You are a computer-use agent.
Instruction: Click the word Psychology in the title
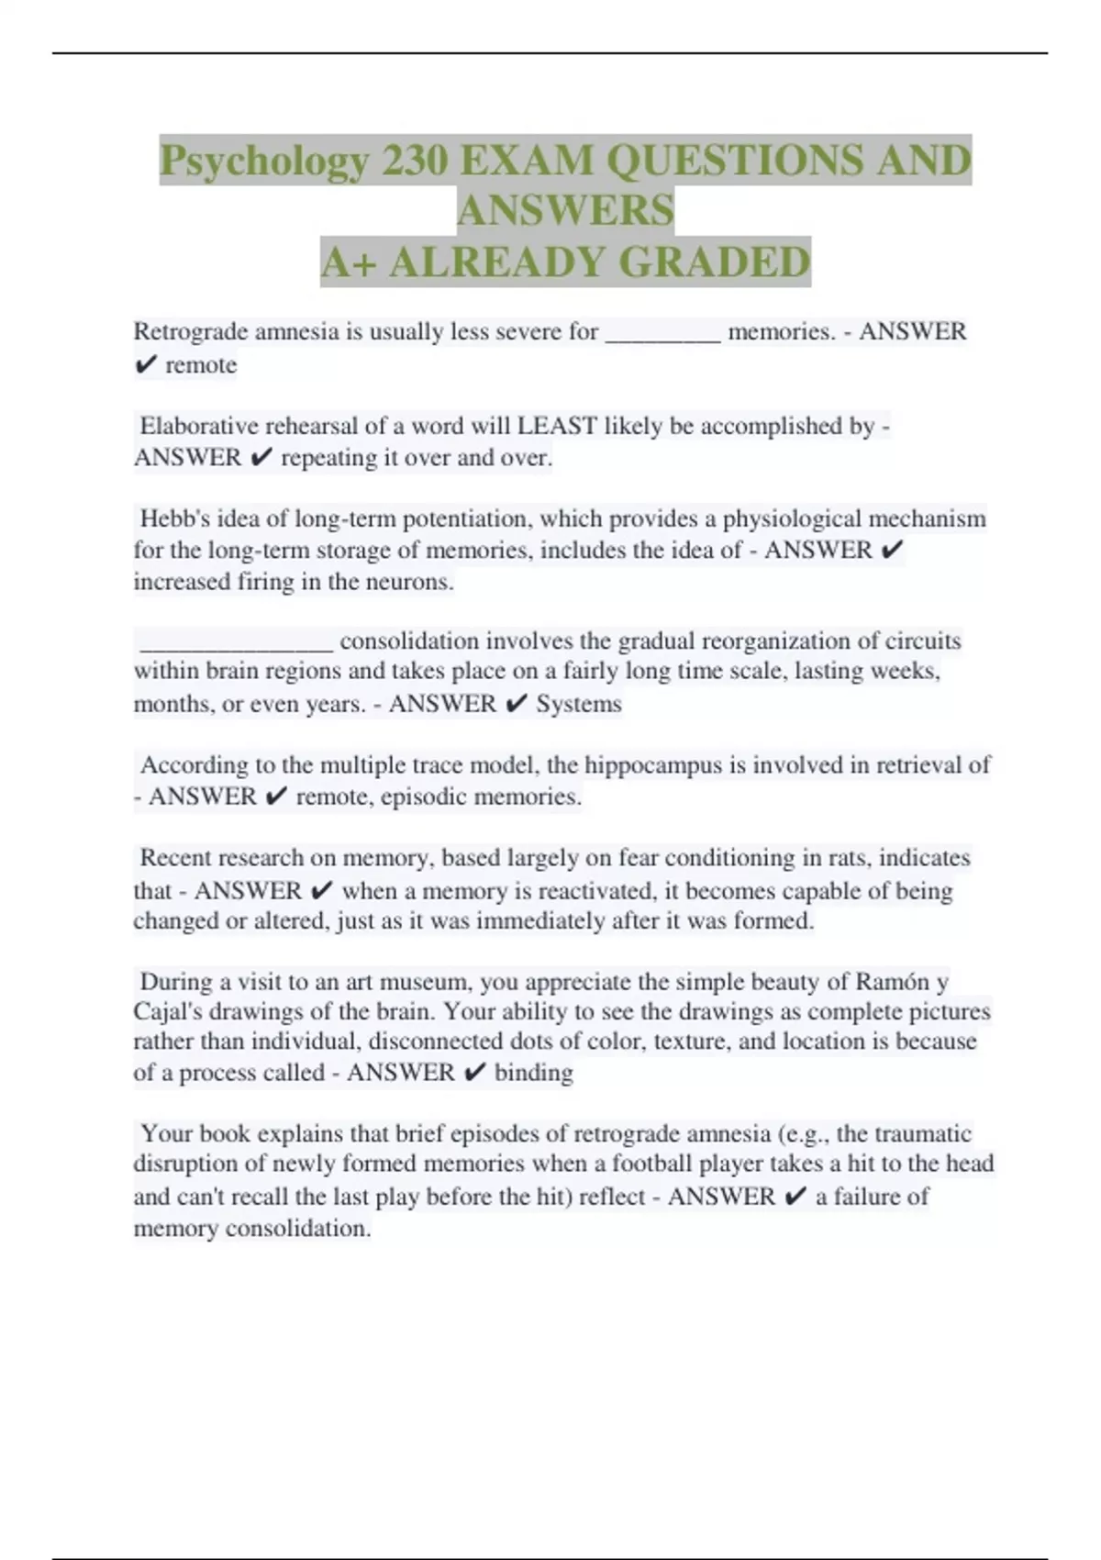point(264,162)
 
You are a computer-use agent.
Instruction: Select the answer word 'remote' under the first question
point(201,365)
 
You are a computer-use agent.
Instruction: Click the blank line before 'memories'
point(663,332)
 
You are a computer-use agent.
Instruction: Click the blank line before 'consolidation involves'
point(236,641)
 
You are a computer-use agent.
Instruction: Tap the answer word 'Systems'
point(579,704)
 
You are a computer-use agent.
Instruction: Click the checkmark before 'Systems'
point(517,704)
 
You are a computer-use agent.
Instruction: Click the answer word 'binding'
point(534,1073)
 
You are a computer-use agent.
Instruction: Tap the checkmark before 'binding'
point(474,1073)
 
